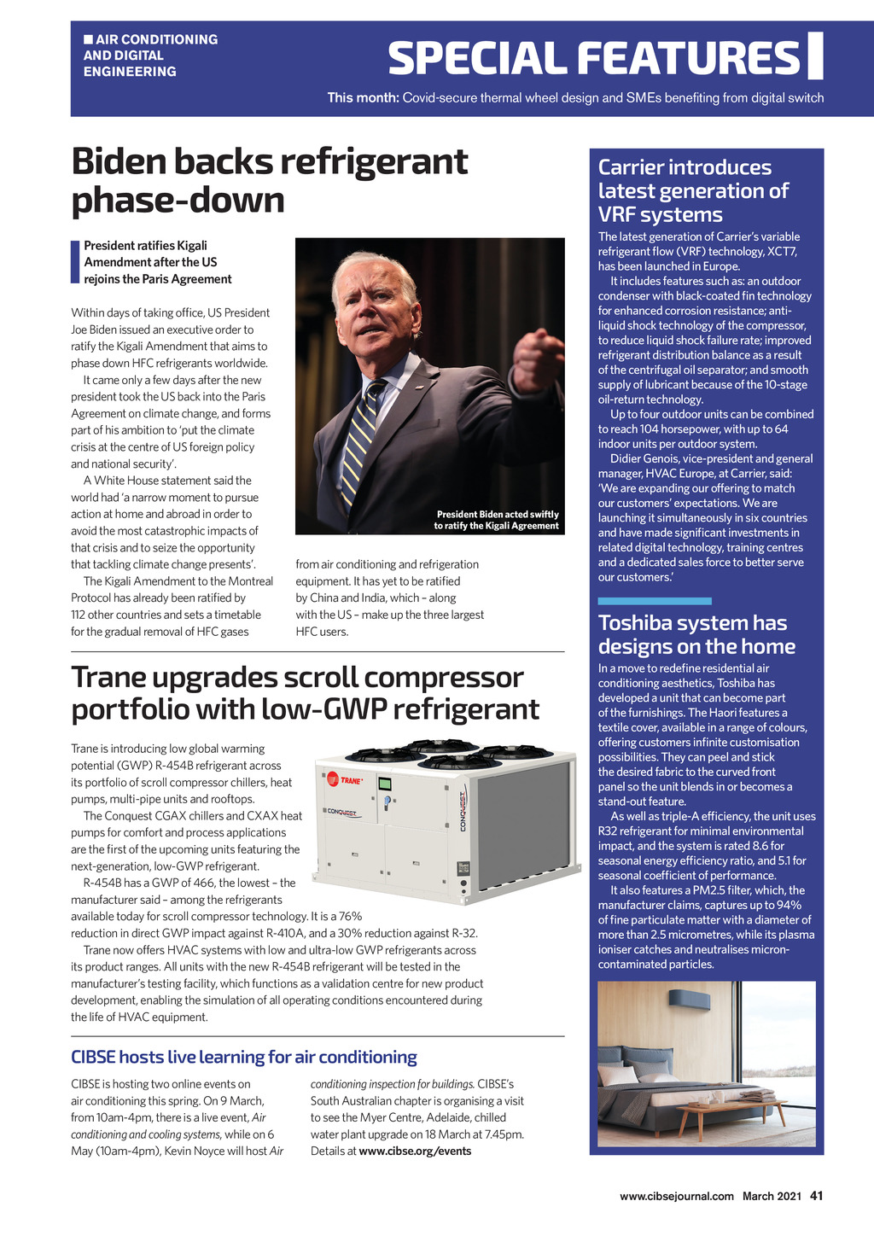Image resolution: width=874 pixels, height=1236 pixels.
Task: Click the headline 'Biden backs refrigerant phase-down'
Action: [x=270, y=181]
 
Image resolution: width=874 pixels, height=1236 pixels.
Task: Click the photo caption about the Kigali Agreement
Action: [x=497, y=520]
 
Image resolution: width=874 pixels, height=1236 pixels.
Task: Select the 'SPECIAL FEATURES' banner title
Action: [x=594, y=58]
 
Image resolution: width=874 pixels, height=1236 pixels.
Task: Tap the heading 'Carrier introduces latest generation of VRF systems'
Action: [x=693, y=190]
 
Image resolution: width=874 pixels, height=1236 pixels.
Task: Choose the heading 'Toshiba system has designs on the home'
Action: [x=696, y=634]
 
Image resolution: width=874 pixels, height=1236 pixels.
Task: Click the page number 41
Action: [x=816, y=1196]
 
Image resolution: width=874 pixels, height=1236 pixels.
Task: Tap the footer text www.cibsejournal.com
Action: [x=676, y=1196]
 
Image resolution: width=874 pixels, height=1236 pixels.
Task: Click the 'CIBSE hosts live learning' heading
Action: [x=244, y=1057]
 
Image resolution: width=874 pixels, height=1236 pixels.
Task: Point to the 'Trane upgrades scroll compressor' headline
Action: [x=305, y=692]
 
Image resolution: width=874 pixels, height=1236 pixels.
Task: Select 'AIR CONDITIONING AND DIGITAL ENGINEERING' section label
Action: [x=150, y=55]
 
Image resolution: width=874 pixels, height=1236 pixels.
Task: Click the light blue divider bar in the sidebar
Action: [x=655, y=601]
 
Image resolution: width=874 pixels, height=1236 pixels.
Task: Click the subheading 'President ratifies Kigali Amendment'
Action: [x=157, y=262]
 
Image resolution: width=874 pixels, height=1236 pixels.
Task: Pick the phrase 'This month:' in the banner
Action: [x=363, y=97]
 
